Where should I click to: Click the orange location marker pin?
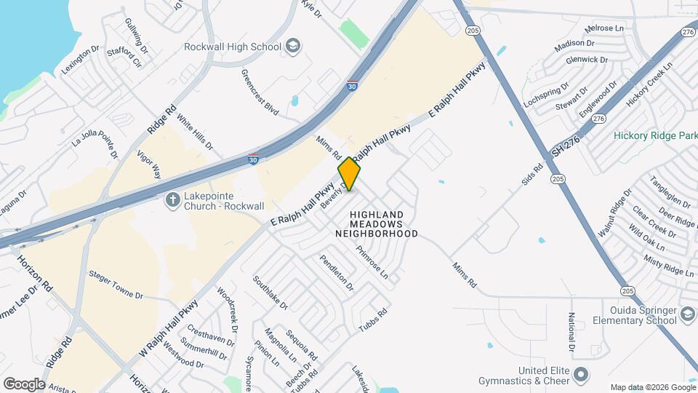click(350, 174)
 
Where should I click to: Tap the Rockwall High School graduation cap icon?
click(293, 47)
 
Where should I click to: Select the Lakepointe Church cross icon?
click(172, 199)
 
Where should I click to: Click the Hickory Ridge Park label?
click(654, 135)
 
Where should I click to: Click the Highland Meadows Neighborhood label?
click(377, 224)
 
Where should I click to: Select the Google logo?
click(24, 384)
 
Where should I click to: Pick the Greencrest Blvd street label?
click(260, 92)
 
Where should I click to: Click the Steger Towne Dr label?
click(116, 286)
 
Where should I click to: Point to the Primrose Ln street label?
click(372, 262)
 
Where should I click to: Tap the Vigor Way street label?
click(148, 165)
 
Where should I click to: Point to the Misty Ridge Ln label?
click(669, 265)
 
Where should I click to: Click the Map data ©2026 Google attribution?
click(651, 387)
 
